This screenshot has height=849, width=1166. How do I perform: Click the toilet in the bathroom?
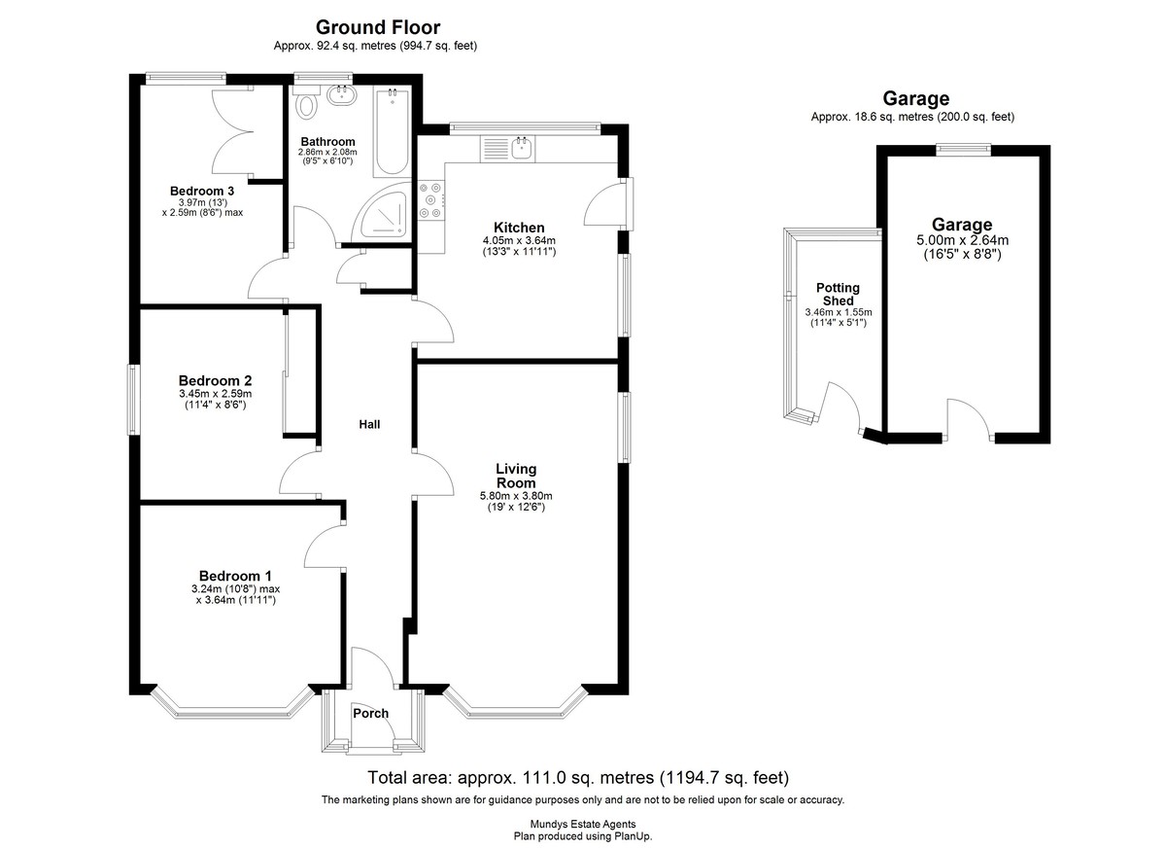click(305, 102)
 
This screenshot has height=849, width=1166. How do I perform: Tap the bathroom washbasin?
click(342, 95)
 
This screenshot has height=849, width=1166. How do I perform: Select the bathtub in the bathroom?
click(392, 132)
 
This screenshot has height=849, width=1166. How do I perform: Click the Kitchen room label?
click(519, 228)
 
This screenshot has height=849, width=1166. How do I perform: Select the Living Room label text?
click(516, 476)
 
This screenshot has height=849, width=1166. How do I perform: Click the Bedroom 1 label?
click(235, 576)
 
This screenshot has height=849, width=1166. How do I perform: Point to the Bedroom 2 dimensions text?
click(216, 399)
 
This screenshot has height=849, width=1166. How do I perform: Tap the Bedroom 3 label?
click(202, 192)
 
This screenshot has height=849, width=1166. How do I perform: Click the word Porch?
click(370, 713)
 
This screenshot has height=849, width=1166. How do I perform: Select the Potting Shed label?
click(838, 295)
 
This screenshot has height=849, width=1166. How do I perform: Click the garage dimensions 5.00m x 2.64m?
click(963, 240)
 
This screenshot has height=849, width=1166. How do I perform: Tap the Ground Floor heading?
click(378, 27)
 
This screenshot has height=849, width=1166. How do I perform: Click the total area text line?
click(578, 778)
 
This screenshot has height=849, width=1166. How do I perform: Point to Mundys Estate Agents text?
click(583, 824)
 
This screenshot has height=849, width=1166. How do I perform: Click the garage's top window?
click(963, 150)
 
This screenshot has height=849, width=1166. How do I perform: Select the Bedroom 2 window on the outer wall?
click(133, 400)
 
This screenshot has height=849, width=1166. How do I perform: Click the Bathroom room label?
click(328, 142)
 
